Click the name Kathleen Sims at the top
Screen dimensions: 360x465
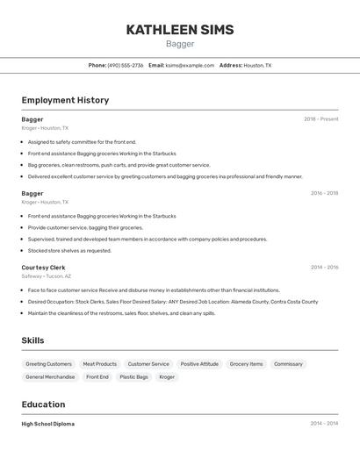tap(180, 30)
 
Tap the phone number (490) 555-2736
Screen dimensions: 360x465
tap(126, 65)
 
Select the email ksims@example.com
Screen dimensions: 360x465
tap(190, 65)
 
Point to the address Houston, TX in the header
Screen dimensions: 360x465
tap(257, 65)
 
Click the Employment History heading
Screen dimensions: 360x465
tap(65, 100)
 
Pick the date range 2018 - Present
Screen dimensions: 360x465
tap(320, 119)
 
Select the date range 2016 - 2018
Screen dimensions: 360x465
tap(324, 193)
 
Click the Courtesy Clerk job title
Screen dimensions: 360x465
tap(43, 268)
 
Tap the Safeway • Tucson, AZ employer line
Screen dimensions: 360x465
tap(47, 276)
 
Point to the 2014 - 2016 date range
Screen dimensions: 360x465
tap(324, 268)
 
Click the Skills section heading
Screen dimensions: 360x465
tap(32, 340)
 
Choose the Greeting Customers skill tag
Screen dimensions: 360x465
tap(48, 364)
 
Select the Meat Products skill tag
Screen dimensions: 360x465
tap(99, 364)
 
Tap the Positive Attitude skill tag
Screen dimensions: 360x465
tap(199, 364)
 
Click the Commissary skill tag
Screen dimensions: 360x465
tap(288, 364)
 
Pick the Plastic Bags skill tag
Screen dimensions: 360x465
tap(133, 377)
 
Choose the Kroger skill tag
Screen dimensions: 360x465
tap(167, 377)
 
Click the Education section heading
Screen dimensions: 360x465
tap(43, 404)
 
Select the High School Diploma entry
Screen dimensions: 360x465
tap(48, 424)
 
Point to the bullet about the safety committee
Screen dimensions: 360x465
tap(82, 141)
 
